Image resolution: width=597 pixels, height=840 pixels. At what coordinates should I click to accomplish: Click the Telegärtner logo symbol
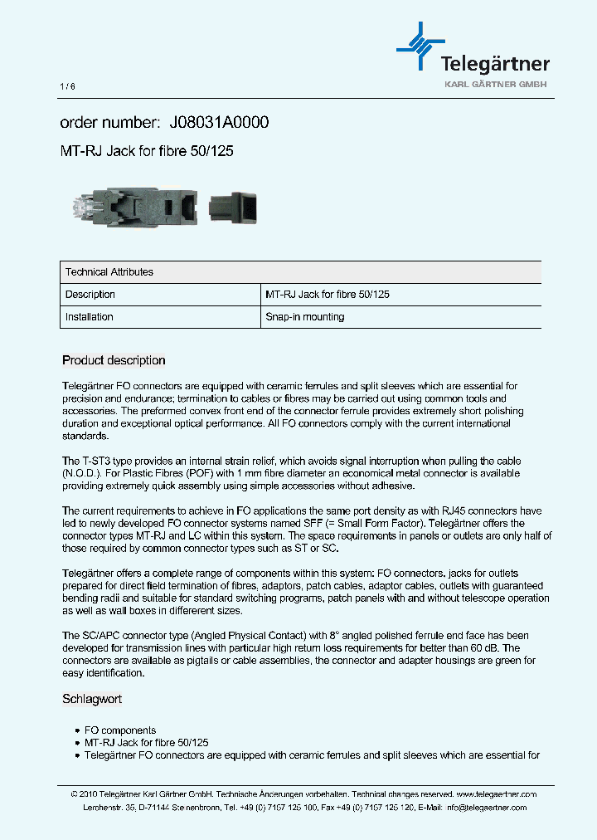coord(420,46)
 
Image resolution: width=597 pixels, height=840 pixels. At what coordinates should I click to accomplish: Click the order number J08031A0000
coord(219,123)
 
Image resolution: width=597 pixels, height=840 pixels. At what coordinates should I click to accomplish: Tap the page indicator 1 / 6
coord(67,87)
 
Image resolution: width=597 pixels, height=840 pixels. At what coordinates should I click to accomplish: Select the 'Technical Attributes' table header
coord(109,272)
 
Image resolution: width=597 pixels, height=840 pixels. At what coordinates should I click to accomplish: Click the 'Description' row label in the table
coord(90,295)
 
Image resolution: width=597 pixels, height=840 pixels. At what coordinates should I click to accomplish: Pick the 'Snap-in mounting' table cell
coord(304,317)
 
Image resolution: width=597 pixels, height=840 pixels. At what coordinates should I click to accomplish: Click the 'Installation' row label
coord(90,317)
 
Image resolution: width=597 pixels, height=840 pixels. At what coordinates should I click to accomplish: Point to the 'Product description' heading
coord(114,360)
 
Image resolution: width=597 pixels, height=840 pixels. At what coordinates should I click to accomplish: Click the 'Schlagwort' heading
coord(92,699)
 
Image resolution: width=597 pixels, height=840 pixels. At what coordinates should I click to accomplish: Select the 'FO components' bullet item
coord(118,730)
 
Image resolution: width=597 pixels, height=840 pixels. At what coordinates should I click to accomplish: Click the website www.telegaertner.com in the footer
coord(496,794)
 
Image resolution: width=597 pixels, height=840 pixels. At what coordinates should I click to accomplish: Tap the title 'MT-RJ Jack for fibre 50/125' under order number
coord(152,151)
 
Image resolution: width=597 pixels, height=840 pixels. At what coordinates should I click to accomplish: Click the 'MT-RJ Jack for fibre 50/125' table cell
coord(328,295)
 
